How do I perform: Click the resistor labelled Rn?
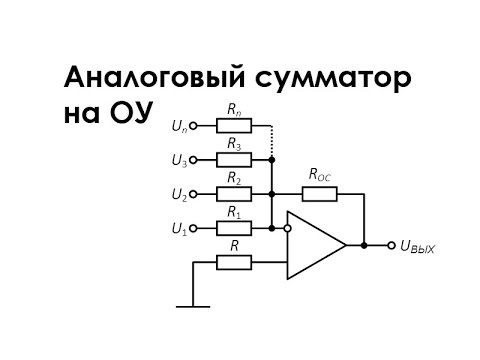click(233, 126)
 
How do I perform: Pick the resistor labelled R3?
click(233, 159)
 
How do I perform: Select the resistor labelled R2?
click(233, 194)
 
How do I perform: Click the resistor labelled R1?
click(233, 228)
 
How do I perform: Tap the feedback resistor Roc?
click(320, 194)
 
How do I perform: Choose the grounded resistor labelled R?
click(233, 262)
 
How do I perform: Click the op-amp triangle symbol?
click(314, 245)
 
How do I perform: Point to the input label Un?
click(178, 126)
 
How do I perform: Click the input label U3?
click(178, 160)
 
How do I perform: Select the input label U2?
click(178, 194)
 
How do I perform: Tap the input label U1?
click(178, 229)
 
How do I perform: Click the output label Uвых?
click(417, 246)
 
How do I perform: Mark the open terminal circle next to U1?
click(195, 228)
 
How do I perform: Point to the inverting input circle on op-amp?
click(287, 228)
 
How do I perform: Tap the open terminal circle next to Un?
click(195, 126)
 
